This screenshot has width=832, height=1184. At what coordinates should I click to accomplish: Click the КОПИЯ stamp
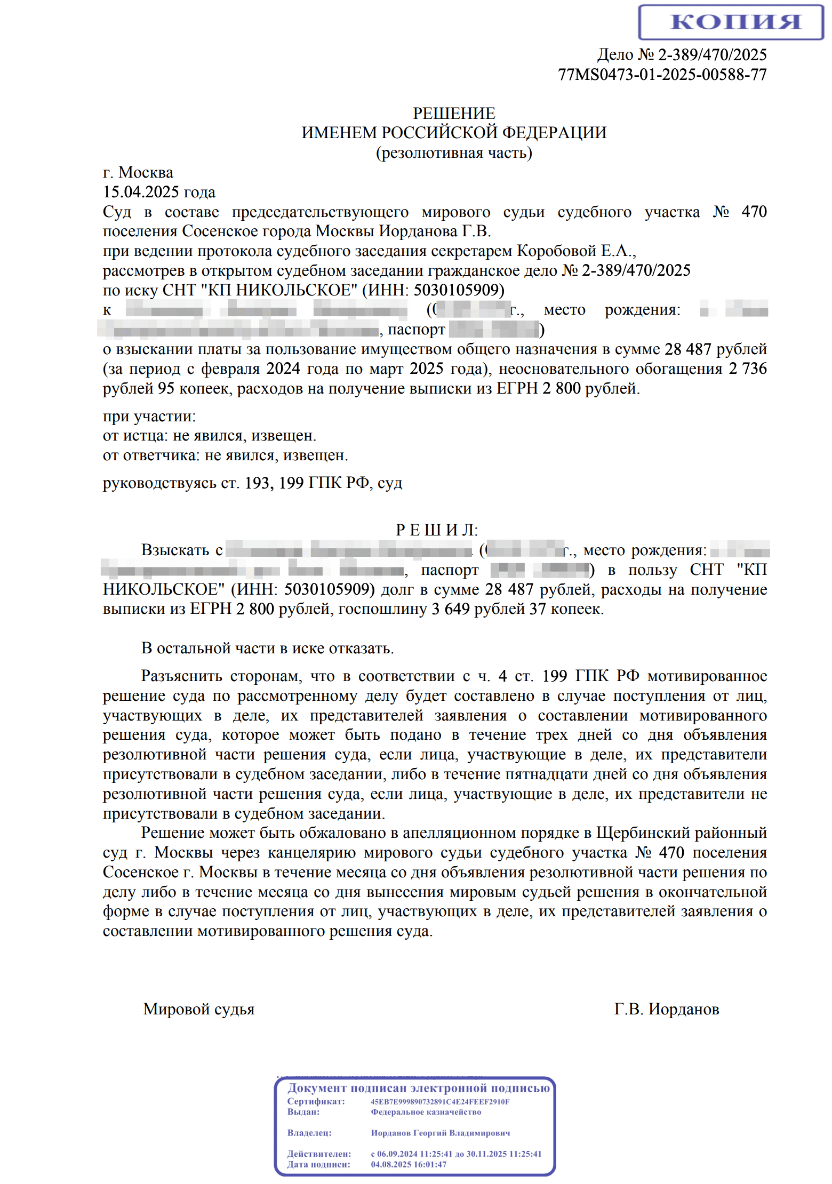tap(731, 22)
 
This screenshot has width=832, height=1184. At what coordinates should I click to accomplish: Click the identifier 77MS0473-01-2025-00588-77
tap(662, 75)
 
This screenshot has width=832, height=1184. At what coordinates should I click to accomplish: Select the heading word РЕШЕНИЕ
tap(454, 114)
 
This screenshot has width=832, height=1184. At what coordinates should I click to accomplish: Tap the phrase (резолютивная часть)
tap(454, 153)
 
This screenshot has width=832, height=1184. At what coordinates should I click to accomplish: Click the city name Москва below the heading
tap(146, 173)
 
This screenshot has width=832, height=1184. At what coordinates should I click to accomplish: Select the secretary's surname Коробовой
tap(556, 251)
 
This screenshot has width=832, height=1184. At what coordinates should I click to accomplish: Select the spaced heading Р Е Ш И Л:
tap(437, 530)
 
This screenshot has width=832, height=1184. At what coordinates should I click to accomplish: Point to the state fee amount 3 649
tap(450, 609)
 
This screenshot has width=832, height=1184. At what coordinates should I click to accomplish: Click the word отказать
tap(361, 649)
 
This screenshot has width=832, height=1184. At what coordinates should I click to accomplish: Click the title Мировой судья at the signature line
tap(199, 1009)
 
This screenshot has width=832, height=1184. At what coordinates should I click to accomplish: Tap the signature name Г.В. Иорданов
tap(667, 1009)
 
